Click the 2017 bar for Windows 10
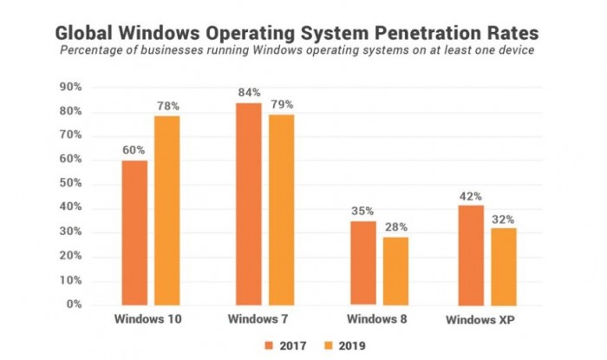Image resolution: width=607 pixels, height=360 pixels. (x=134, y=232)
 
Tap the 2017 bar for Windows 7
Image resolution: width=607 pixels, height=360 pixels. (x=248, y=204)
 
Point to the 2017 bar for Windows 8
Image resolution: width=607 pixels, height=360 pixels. (x=362, y=263)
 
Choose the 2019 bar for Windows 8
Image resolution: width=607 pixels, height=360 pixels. (x=395, y=271)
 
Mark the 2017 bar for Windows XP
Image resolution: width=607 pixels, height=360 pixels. (x=478, y=255)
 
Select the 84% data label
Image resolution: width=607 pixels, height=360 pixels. (x=248, y=92)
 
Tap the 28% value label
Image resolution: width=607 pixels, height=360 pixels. (x=396, y=227)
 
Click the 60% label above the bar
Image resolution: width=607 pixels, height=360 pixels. (x=134, y=150)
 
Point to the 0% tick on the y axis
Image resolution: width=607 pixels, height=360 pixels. (x=74, y=304)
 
